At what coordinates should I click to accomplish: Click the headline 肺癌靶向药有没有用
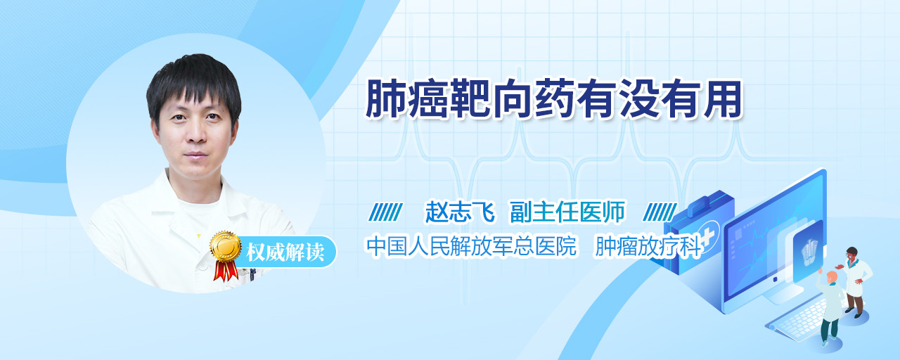coord(553,99)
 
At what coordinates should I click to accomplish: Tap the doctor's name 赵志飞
coord(460,212)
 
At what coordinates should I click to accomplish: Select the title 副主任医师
coord(567,212)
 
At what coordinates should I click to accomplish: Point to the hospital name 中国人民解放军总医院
coord(471,246)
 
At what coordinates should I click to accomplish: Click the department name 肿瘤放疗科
coord(648,246)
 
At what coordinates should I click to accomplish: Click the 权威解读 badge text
coord(285,252)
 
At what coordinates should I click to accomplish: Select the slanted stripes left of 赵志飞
coord(385,212)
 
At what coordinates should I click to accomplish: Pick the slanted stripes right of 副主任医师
coord(660,212)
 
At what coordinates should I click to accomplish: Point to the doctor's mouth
coord(195,155)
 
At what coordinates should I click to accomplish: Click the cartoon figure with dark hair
coord(856,281)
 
